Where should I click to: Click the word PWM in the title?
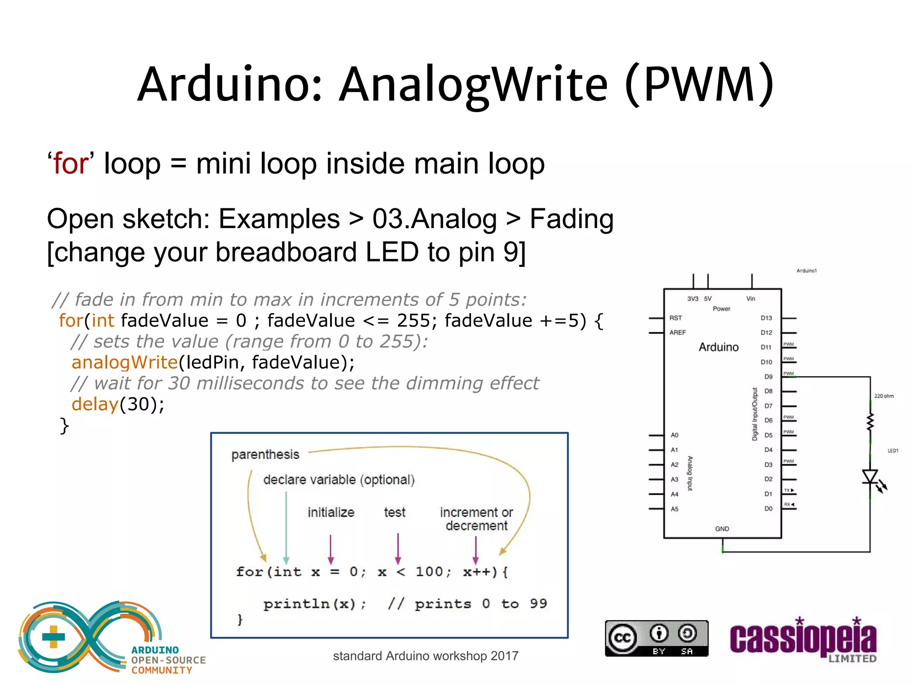700,84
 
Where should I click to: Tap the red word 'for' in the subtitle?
70,163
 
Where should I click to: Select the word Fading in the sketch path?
571,219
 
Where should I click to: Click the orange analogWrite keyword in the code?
125,362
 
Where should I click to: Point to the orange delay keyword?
95,404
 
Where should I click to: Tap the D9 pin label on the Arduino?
768,377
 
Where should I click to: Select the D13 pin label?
766,318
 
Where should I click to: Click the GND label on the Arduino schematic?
722,529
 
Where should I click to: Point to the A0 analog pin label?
675,435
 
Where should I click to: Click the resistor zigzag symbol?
870,422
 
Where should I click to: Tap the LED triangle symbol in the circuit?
870,476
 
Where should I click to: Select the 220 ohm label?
883,396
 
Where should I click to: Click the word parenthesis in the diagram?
265,455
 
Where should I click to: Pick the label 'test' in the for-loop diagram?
395,513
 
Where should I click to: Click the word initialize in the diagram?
331,513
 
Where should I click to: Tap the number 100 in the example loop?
429,572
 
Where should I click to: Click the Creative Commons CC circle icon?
622,638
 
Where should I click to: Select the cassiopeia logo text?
803,639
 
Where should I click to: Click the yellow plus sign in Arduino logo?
53,637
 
